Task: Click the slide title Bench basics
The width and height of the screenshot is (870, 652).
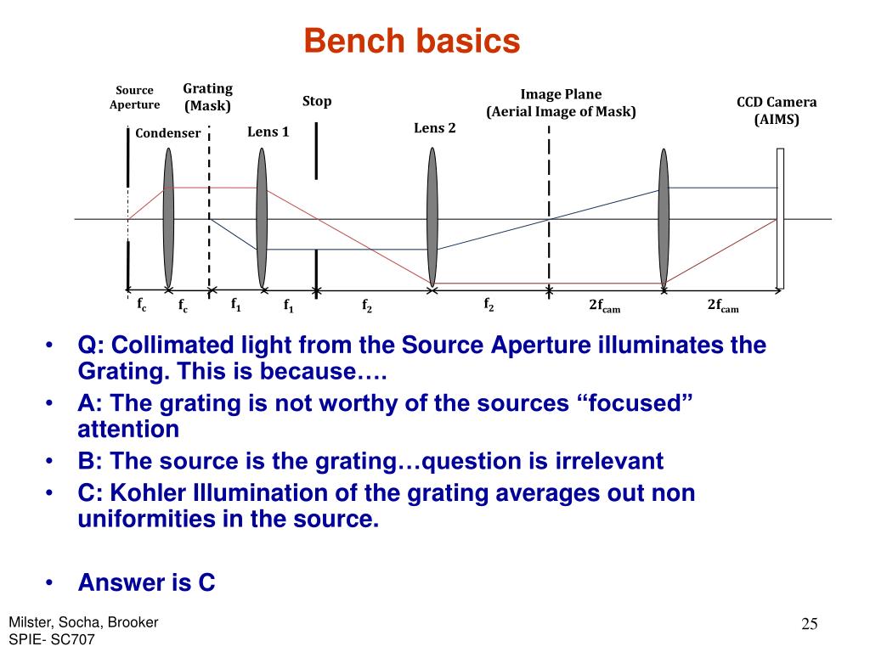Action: coord(411,40)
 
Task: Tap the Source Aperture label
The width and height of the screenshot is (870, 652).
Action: coord(134,98)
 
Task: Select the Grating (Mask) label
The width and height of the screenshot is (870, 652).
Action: coord(208,98)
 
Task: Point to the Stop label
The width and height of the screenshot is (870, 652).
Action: coord(317,101)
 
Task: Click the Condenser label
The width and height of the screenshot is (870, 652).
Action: coord(168,132)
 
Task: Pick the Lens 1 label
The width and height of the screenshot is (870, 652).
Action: coord(268,132)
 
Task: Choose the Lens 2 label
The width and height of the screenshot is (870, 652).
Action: coord(435,128)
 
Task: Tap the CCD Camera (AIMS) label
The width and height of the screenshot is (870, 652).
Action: coord(777,110)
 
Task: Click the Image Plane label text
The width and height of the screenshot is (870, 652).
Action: coord(561,94)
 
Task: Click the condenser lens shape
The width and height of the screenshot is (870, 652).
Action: coord(169,218)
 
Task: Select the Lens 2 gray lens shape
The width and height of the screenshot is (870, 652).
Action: coord(432,218)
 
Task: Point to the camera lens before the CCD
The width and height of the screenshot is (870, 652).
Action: coord(664,218)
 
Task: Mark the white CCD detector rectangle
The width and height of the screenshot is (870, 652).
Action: coord(780,218)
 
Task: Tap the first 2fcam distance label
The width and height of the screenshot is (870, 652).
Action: coord(605,306)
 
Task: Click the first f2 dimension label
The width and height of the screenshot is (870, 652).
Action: coord(367,306)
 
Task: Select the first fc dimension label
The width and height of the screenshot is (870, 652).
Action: coord(142,302)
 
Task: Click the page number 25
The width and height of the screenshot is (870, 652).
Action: coord(809,625)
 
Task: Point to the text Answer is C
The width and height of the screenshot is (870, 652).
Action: coord(146,582)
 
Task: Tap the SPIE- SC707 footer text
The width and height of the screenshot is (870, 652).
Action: coord(52,639)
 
